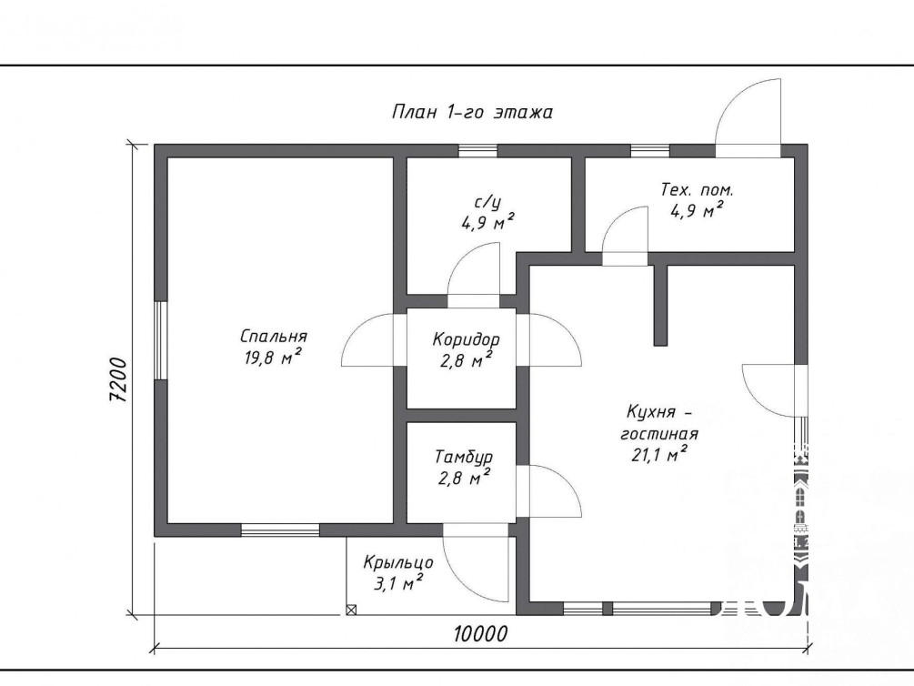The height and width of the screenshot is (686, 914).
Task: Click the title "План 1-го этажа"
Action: [x=472, y=111]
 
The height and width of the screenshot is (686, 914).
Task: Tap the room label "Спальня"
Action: [x=274, y=337]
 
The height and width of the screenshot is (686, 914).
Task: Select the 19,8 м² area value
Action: [x=274, y=357]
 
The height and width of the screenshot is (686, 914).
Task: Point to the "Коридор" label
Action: [x=466, y=339]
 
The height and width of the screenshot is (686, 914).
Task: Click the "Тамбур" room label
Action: [x=464, y=456]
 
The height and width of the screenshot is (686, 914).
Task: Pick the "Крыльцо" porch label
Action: [x=398, y=562]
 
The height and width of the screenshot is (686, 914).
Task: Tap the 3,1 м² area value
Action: [x=397, y=582]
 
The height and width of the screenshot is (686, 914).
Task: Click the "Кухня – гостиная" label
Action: [x=659, y=423]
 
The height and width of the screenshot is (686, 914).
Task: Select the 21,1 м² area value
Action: [x=659, y=454]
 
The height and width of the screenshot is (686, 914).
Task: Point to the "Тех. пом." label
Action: [x=698, y=189]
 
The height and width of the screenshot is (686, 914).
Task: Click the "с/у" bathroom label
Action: [x=487, y=202]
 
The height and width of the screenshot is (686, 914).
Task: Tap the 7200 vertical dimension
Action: [x=118, y=379]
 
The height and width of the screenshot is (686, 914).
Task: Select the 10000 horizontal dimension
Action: [x=480, y=633]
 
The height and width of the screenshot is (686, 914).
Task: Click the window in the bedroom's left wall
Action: [x=161, y=340]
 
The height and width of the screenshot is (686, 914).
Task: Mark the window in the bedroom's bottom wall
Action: [x=280, y=530]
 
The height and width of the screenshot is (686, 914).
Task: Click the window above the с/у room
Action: [x=478, y=150]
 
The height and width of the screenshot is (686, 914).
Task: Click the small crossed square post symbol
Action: [x=351, y=610]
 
